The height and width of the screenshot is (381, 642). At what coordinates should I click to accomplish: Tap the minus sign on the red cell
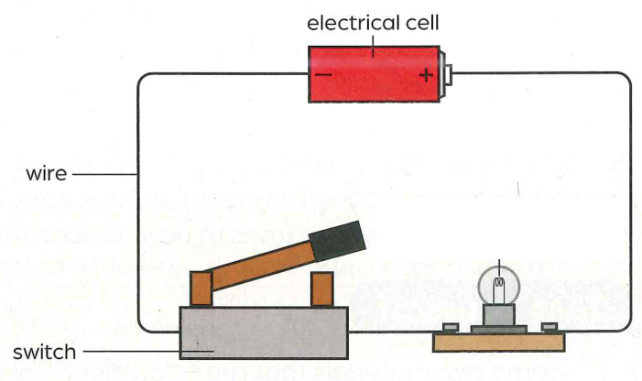323,74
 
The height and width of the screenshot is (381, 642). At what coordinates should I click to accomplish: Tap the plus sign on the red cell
426,75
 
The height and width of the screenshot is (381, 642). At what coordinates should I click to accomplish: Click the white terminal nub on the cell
449,74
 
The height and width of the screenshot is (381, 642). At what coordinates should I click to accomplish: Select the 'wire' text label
47,174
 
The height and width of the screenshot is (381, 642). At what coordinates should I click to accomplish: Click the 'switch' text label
44,353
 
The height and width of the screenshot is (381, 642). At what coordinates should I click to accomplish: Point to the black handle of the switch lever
337,241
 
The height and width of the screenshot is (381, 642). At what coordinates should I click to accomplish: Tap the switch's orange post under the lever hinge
201,288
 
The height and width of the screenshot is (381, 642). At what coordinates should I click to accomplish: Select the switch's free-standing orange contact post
321,289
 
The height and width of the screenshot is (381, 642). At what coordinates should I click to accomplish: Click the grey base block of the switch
264,332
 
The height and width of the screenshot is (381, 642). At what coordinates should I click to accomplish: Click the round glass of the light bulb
499,285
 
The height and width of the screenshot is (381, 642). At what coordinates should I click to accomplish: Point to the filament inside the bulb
499,282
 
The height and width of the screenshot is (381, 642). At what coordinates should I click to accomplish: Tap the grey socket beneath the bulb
499,315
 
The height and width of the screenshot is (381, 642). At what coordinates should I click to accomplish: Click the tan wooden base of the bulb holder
499,343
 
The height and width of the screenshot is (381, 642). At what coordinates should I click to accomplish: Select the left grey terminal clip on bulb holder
451,327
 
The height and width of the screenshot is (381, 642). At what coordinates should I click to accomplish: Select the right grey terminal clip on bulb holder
550,327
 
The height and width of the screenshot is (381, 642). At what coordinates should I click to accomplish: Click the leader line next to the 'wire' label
104,174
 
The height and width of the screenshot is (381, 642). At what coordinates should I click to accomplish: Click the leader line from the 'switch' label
148,351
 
